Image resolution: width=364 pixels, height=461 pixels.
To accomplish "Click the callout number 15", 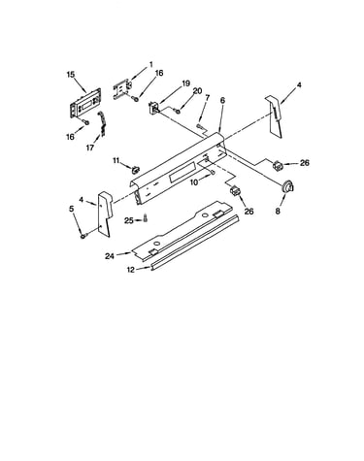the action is [71, 75].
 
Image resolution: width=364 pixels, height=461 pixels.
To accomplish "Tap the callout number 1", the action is [150, 64].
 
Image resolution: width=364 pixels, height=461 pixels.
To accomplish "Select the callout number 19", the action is [185, 83].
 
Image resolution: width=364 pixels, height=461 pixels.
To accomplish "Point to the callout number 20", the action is [197, 91].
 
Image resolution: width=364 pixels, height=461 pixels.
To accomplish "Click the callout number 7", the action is [208, 97].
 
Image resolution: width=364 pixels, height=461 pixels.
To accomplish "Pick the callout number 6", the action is [222, 100].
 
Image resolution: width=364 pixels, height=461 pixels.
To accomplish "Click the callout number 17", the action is [90, 148].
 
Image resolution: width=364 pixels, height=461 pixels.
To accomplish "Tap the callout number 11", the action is [116, 160].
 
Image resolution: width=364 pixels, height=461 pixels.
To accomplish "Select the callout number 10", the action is [194, 182].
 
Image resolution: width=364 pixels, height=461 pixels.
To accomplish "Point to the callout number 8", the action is [278, 212].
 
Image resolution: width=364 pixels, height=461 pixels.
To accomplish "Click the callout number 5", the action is [72, 209].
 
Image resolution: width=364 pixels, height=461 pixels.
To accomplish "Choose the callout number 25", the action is [129, 220].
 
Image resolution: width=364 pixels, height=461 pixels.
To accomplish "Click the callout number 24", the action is [110, 256].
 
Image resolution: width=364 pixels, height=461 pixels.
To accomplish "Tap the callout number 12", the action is [131, 270].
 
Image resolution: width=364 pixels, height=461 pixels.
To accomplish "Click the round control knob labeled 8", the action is [287, 187].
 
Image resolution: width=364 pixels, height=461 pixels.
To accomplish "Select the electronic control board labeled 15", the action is [85, 102].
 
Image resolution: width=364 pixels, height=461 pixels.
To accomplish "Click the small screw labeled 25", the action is [146, 217].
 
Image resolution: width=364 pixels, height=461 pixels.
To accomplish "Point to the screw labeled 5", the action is [83, 237].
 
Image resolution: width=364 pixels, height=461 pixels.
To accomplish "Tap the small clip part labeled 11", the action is [136, 169].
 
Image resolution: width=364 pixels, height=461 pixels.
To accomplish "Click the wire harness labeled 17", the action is [102, 123].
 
